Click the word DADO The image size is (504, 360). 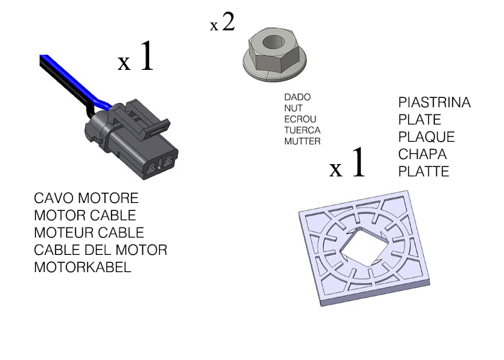pos(297,96)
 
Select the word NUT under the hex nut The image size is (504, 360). pos(294,107)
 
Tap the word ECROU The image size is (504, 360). pos(300,119)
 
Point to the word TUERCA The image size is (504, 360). pos(302,130)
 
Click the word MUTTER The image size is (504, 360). pos(302,142)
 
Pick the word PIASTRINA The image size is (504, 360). pos(434,103)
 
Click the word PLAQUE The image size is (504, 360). pos(426,137)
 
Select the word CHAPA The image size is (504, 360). pos(423,154)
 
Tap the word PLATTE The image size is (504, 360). pos(423,171)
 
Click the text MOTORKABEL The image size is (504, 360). pos(83,267)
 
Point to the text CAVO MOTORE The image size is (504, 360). pos(86,198)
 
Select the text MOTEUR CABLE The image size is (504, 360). pos(89,233)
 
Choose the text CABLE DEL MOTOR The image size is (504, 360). pos(100,250)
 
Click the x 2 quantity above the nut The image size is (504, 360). pos(222,22)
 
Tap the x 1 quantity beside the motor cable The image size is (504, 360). pos(136,58)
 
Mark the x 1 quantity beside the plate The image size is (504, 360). pos(348,166)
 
